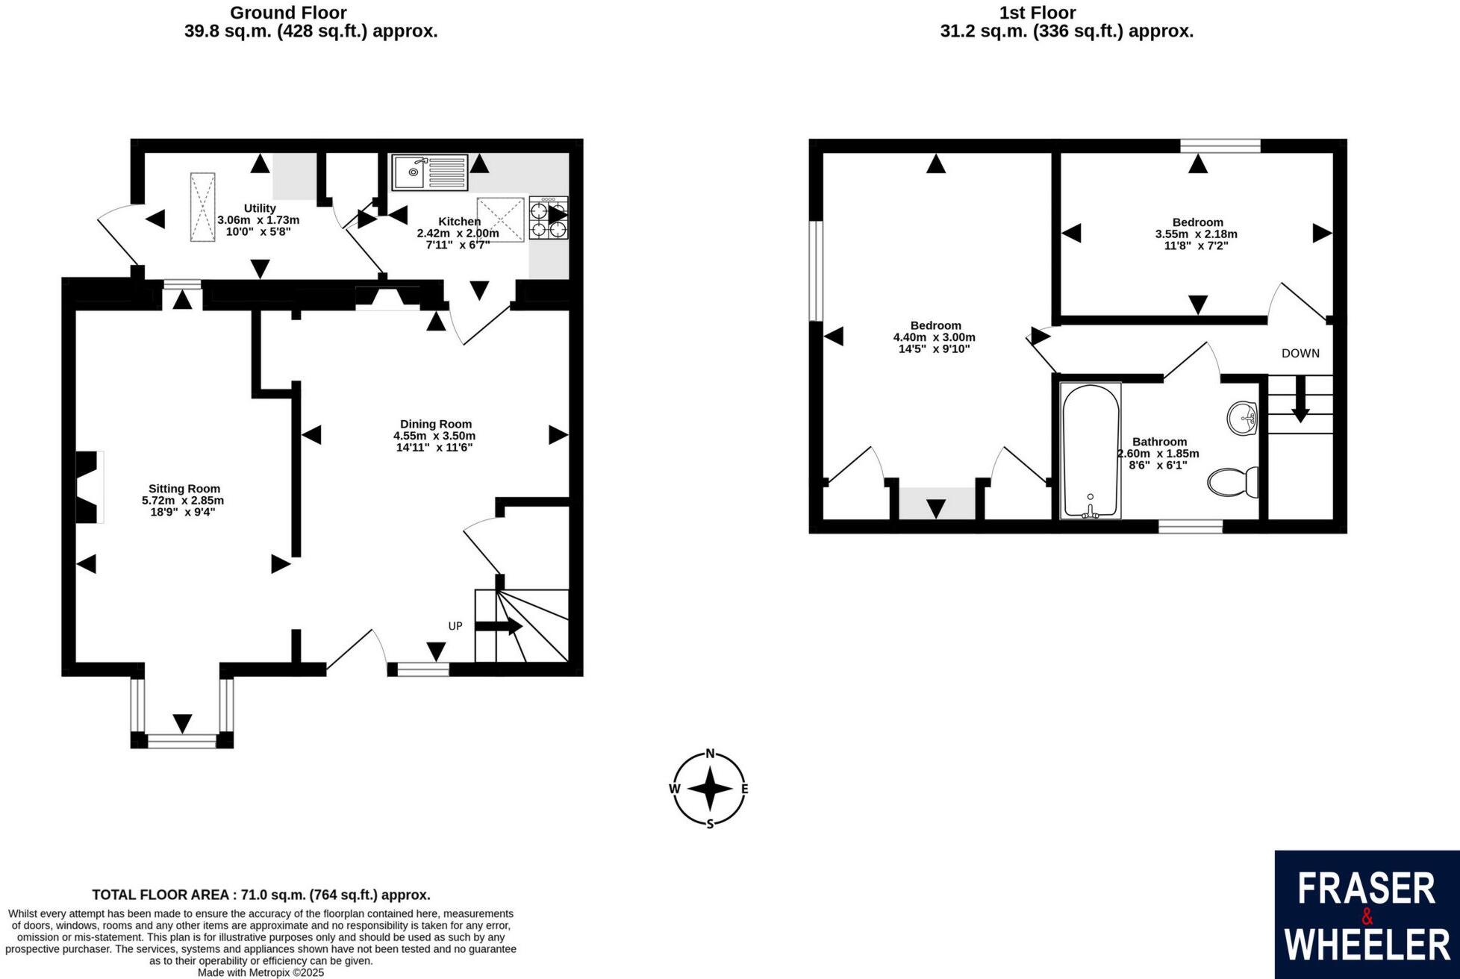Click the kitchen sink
click(429, 173)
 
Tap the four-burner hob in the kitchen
click(549, 218)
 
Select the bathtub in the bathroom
click(1091, 451)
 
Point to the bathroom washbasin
click(1242, 417)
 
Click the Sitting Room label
click(184, 489)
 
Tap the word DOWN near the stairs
click(1300, 354)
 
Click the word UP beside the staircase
click(455, 626)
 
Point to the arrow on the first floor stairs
click(1300, 400)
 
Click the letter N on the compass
click(711, 753)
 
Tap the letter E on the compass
click(744, 789)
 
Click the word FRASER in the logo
click(1366, 889)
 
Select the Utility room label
click(260, 208)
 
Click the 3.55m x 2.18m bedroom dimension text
click(1196, 234)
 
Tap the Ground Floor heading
click(288, 13)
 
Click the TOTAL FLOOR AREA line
click(261, 895)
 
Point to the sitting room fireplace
click(89, 487)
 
